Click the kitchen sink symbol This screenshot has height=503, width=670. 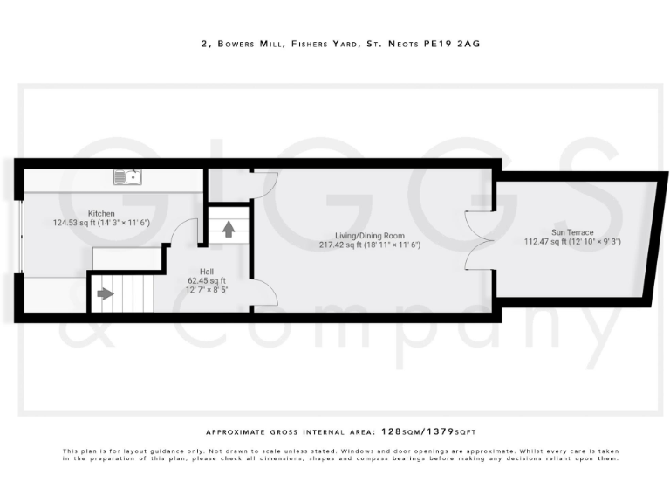[x=128, y=177]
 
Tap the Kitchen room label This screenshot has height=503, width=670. [x=101, y=213]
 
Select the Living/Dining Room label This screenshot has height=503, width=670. [x=371, y=235]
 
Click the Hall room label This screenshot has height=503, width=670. [x=206, y=271]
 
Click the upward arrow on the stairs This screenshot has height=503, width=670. [x=229, y=230]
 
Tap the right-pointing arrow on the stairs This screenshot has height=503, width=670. [x=106, y=293]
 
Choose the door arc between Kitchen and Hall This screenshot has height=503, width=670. [x=182, y=231]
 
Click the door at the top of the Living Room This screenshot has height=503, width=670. [x=264, y=183]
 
